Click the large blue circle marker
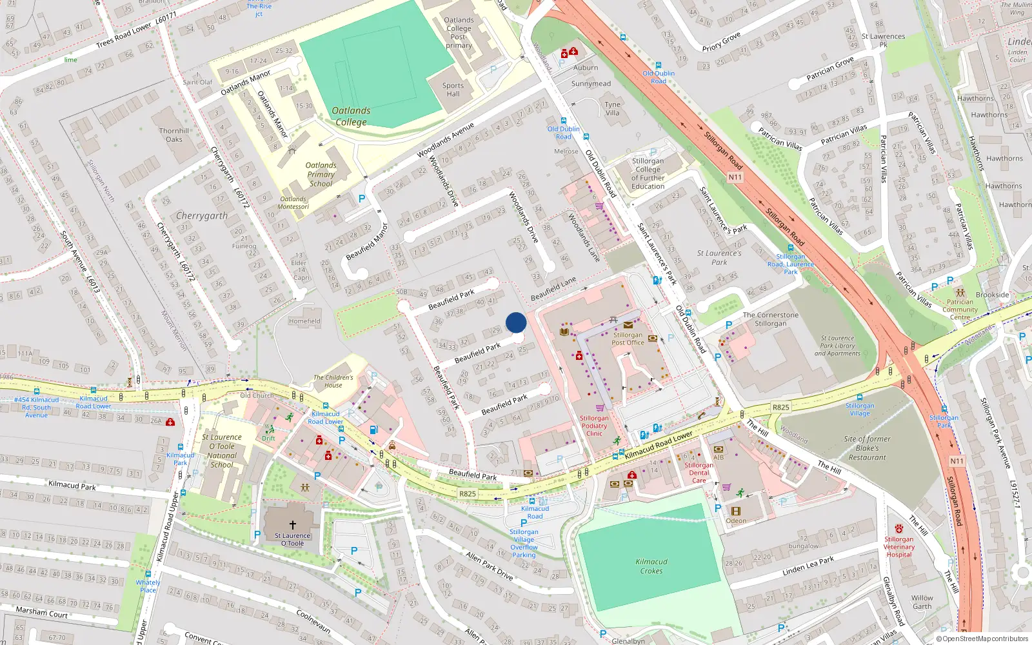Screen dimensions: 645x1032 pyautogui.click(x=516, y=322)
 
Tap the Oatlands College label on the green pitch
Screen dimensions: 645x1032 pyautogui.click(x=351, y=116)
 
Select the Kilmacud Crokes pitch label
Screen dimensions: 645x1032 pyautogui.click(x=651, y=566)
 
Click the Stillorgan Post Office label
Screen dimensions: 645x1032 pyautogui.click(x=628, y=339)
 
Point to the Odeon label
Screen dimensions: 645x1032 pyautogui.click(x=736, y=521)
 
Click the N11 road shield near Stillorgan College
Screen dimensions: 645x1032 pyautogui.click(x=735, y=177)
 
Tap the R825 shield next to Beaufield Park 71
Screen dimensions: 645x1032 pyautogui.click(x=468, y=493)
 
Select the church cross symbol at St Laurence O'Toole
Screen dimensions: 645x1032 pyautogui.click(x=292, y=525)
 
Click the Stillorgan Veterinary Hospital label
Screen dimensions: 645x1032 pyautogui.click(x=899, y=546)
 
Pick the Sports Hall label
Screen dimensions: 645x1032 pyautogui.click(x=453, y=90)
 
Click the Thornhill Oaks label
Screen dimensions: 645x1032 pyautogui.click(x=174, y=135)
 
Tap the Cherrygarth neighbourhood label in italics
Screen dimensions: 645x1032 pyautogui.click(x=202, y=216)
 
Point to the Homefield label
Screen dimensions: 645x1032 pyautogui.click(x=304, y=321)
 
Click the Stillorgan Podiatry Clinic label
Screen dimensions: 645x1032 pyautogui.click(x=594, y=426)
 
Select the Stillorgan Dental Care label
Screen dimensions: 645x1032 pyautogui.click(x=699, y=473)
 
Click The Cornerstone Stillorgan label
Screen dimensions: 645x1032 pyautogui.click(x=770, y=319)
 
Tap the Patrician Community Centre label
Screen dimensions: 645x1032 pyautogui.click(x=960, y=310)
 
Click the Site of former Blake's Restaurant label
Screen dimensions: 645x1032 pyautogui.click(x=867, y=448)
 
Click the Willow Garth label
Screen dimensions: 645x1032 pyautogui.click(x=922, y=602)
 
